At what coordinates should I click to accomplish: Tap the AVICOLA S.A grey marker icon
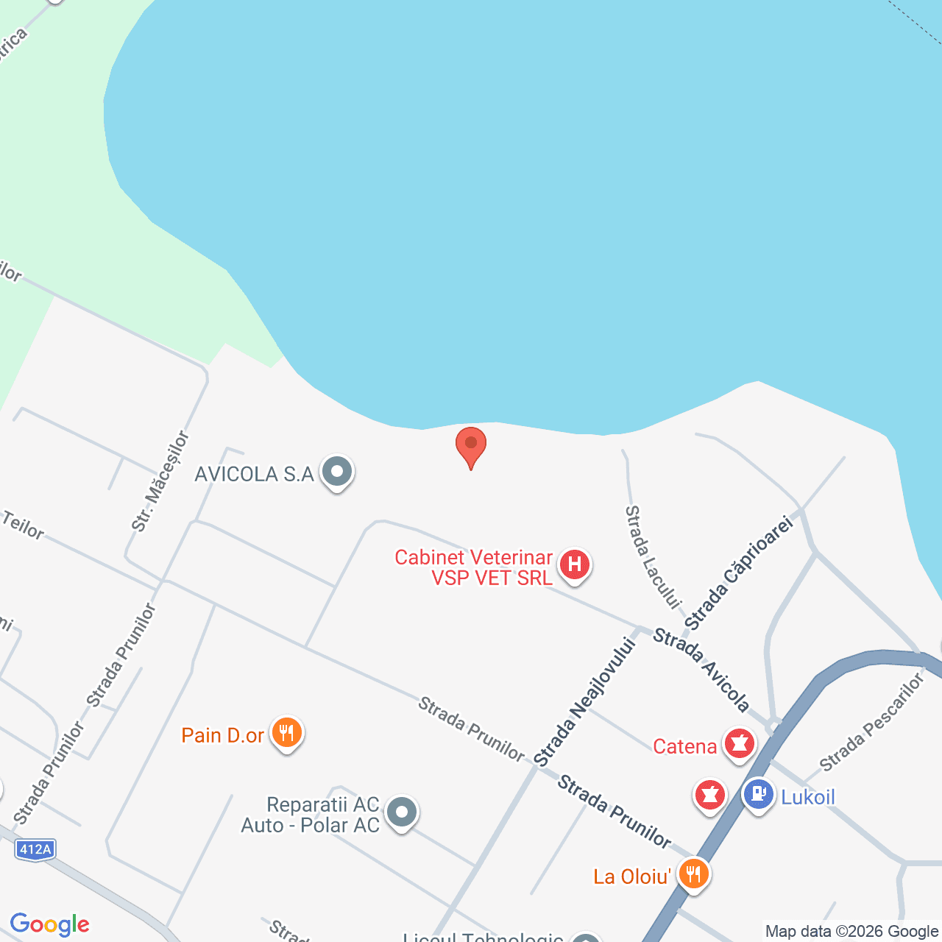[x=337, y=472]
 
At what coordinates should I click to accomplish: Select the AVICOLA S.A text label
[x=254, y=474]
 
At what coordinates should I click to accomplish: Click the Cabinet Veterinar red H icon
[x=575, y=565]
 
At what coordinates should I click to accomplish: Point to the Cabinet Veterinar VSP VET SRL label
[x=474, y=567]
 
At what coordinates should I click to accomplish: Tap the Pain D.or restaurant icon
[x=287, y=734]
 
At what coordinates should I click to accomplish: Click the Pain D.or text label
[x=222, y=735]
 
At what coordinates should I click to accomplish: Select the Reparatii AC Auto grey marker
[x=402, y=812]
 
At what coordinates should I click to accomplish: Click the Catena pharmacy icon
[x=740, y=743]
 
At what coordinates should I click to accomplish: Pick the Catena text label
[x=684, y=747]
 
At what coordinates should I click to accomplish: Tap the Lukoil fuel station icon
[x=759, y=795]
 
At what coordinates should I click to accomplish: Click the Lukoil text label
[x=808, y=797]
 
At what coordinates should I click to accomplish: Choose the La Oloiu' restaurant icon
[x=693, y=874]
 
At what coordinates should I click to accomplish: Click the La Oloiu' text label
[x=632, y=877]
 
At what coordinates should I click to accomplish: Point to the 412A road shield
[x=35, y=850]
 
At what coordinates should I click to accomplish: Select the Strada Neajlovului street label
[x=584, y=701]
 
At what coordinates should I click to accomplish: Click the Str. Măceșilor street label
[x=160, y=481]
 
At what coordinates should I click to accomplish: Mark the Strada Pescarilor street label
[x=871, y=723]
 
